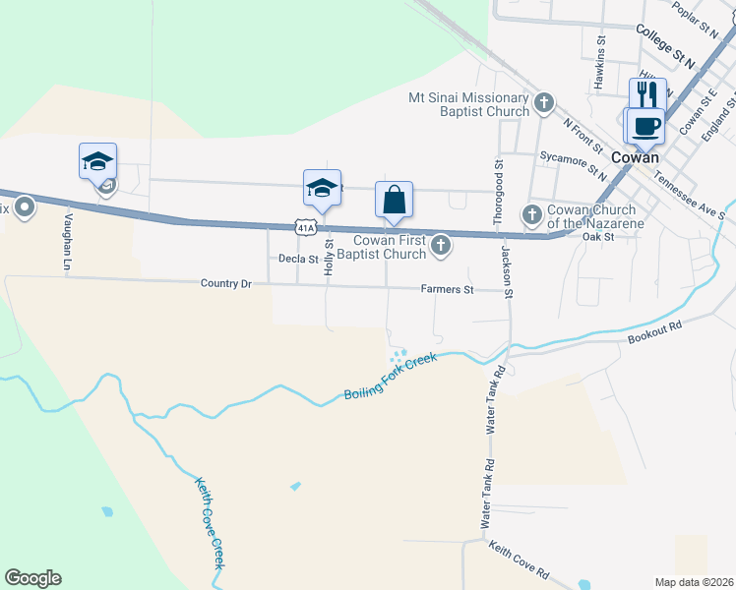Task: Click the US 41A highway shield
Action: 306,227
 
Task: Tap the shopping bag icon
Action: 394,200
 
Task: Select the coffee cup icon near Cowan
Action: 645,127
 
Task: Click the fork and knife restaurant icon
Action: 647,95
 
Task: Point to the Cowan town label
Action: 635,157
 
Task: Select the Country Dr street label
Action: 226,283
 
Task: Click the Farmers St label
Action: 448,290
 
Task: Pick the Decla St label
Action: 299,260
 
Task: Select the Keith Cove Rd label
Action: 519,560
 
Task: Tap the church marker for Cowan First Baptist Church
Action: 441,246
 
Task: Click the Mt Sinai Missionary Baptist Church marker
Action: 543,102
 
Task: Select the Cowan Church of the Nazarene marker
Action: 532,213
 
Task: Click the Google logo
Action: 32,578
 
